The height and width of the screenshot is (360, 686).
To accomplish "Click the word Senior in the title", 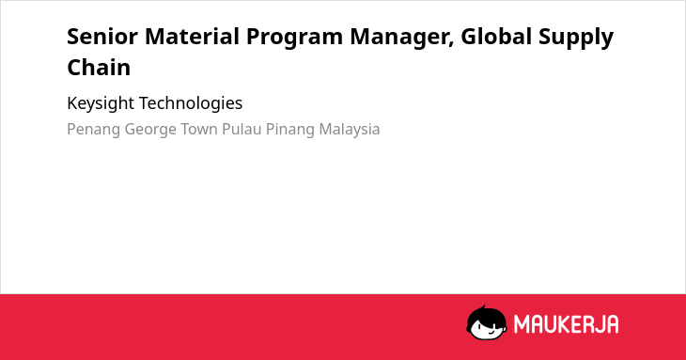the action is point(101,37).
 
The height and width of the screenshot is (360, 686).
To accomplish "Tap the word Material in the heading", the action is point(192,37).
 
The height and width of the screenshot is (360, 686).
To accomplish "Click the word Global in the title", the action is point(496,37).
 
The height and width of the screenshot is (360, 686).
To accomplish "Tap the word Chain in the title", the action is point(99,68).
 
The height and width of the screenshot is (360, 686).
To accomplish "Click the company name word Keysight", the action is point(101,104).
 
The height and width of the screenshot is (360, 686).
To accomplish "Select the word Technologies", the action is point(191,104).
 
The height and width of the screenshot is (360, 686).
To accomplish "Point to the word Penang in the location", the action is point(94,130).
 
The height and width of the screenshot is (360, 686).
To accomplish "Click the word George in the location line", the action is point(150,130).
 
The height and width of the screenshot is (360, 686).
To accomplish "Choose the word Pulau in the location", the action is point(242,129).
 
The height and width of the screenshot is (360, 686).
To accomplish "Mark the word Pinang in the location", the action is point(290,130).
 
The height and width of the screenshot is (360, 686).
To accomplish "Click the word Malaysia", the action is point(350,130).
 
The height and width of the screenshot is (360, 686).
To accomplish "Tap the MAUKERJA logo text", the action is point(566,324).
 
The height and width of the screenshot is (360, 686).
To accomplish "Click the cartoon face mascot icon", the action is point(487,322).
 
